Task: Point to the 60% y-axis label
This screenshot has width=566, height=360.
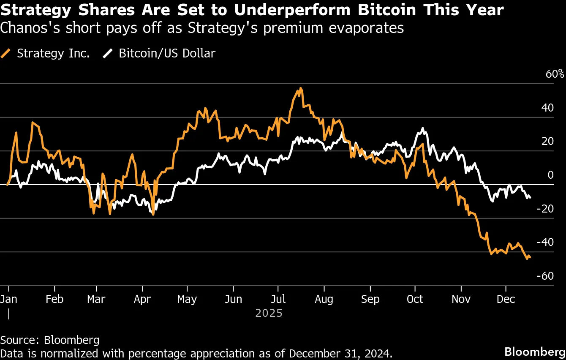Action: (x=555, y=74)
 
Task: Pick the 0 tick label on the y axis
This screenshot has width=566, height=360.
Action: (x=550, y=175)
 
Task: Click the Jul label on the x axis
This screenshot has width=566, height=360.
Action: (x=278, y=299)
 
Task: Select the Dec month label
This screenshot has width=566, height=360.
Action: (x=506, y=299)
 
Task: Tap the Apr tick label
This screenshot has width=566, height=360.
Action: (x=142, y=299)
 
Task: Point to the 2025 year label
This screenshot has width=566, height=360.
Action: (x=269, y=314)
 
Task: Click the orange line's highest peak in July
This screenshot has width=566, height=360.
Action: (x=300, y=88)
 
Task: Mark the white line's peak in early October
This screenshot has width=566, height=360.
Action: (x=423, y=128)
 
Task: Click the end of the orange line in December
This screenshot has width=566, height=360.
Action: (x=530, y=257)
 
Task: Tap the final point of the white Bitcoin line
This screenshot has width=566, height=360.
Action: (x=530, y=197)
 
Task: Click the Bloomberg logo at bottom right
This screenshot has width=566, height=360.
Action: (x=535, y=352)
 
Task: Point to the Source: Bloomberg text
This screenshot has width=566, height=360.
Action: (x=50, y=340)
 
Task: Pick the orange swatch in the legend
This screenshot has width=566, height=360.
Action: (x=6, y=54)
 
